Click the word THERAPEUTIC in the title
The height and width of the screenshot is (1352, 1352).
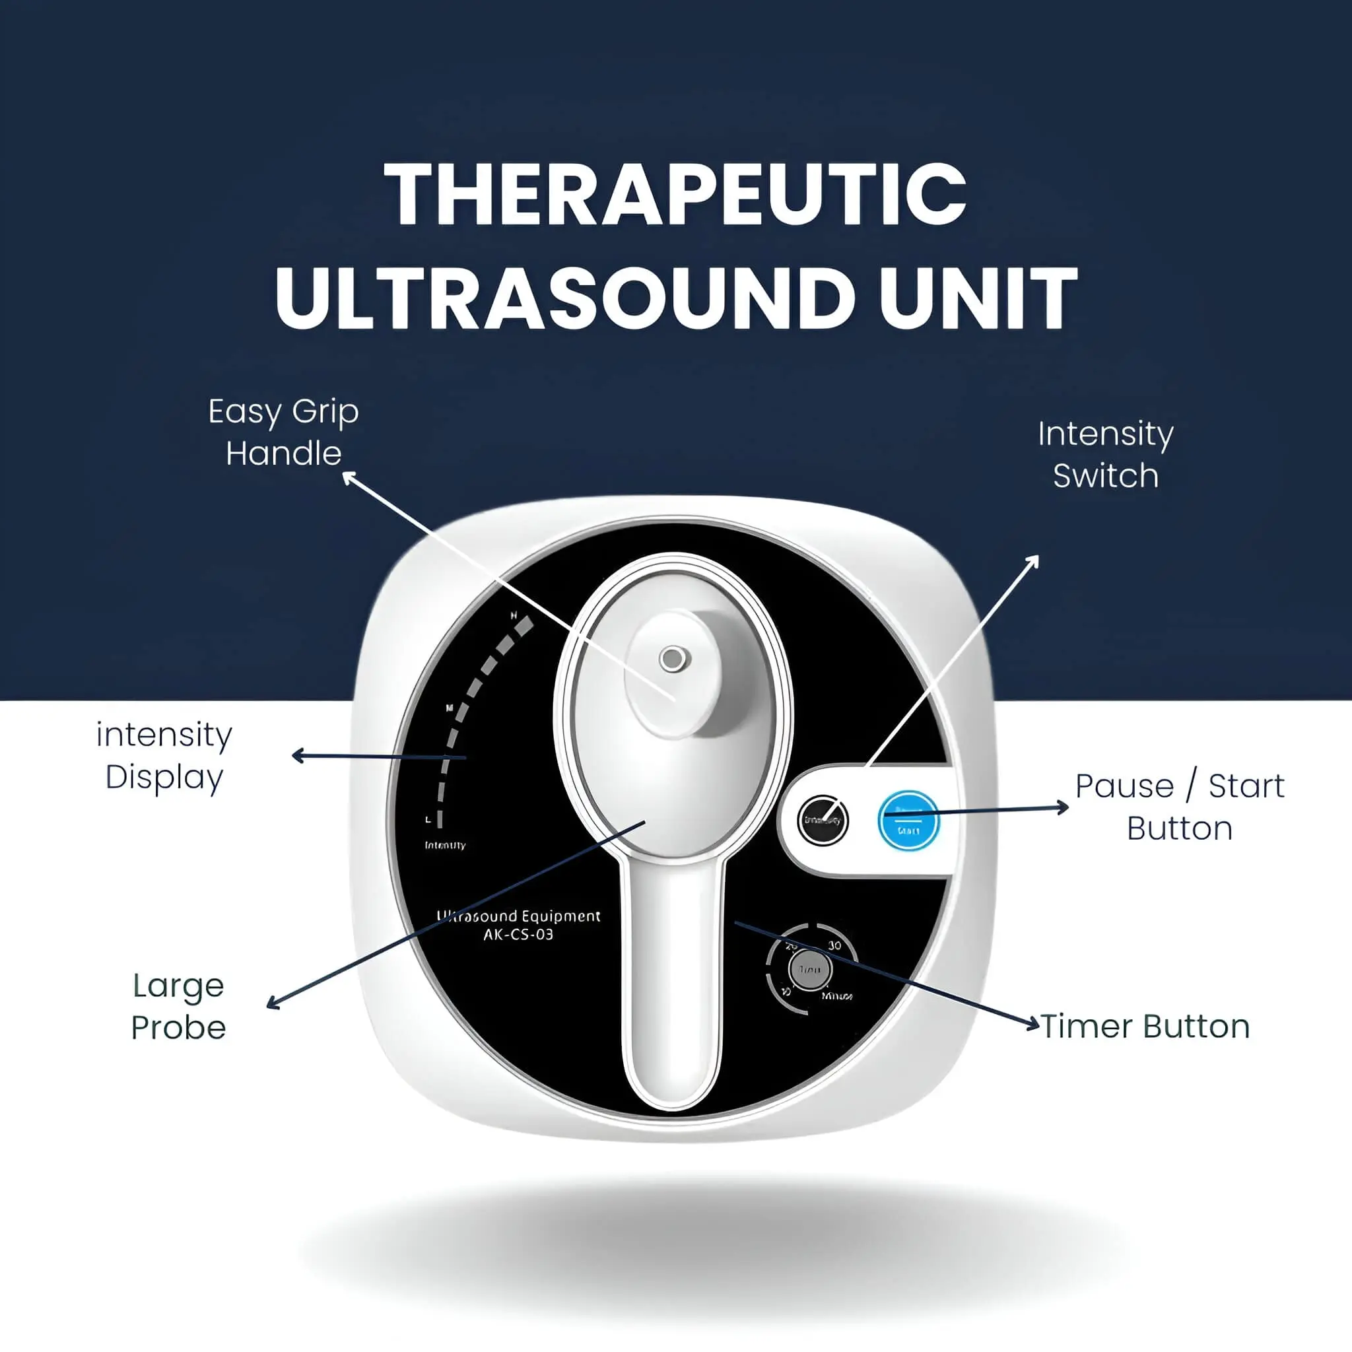675,195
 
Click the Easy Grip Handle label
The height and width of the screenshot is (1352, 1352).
283,432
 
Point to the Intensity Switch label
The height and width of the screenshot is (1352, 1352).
1105,455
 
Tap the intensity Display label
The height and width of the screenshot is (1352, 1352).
164,756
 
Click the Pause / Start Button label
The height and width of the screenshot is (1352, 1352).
1179,807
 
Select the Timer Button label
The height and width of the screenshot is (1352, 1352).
1145,1027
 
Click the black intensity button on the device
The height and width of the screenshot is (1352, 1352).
823,820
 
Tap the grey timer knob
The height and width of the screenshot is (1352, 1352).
809,970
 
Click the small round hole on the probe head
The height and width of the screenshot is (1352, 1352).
673,658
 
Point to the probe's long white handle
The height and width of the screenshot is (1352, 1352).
673,980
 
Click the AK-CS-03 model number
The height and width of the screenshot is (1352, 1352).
518,935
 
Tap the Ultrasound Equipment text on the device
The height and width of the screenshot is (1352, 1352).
518,917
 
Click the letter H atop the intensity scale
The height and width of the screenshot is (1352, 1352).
514,616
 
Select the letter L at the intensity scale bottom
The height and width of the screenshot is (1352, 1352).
428,819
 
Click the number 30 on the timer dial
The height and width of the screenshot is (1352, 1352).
834,946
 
